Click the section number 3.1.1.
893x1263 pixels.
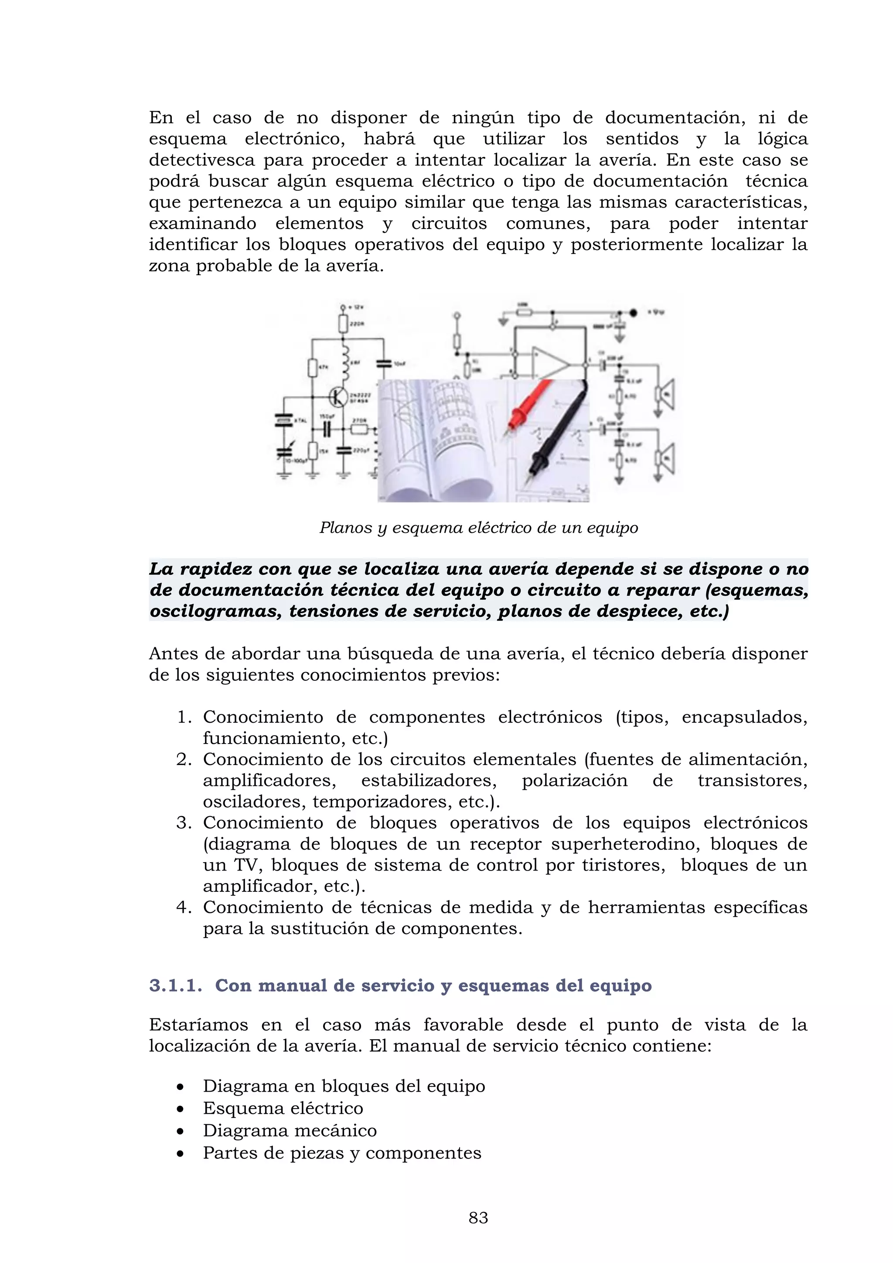tap(175, 985)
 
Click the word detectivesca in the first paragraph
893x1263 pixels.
tap(202, 160)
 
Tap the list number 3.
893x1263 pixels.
tap(184, 823)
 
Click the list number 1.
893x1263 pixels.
tap(184, 718)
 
